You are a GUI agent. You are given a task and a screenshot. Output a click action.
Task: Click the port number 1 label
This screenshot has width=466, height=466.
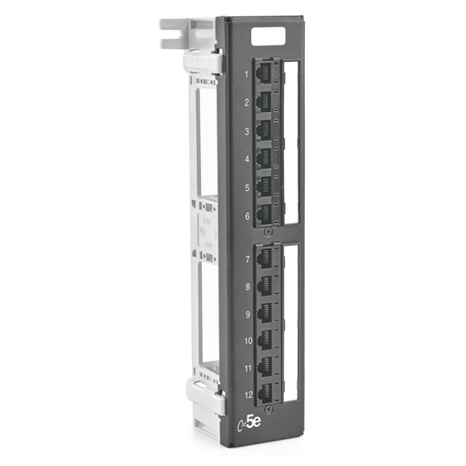[247, 73]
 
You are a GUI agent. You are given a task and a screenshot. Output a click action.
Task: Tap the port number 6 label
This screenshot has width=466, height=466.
[247, 217]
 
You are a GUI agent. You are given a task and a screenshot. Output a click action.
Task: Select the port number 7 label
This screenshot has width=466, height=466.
[247, 259]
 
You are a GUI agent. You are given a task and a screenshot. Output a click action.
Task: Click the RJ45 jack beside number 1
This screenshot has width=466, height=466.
[267, 73]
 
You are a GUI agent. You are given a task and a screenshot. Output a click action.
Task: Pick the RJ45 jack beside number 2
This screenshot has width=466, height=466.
[267, 101]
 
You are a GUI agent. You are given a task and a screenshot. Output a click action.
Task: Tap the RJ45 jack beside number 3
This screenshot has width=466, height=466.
[267, 130]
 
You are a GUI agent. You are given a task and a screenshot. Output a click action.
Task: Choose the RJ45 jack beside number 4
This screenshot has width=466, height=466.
[267, 159]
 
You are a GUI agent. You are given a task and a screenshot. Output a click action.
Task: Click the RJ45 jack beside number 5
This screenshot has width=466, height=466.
[267, 187]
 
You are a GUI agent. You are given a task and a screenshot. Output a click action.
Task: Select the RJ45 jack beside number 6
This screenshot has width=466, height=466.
[267, 216]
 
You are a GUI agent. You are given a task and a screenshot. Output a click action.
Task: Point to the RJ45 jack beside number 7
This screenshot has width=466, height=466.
[267, 258]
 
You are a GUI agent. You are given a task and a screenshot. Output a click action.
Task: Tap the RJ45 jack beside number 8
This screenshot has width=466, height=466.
[267, 286]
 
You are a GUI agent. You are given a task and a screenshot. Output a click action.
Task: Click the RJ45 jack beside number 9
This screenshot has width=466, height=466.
[267, 313]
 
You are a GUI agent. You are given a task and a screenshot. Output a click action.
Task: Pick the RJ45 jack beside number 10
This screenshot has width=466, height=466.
[267, 340]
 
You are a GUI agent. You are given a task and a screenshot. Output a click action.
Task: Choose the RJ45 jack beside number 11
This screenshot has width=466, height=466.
[267, 368]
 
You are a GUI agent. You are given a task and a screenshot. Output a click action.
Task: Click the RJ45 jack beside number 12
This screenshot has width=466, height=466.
[267, 394]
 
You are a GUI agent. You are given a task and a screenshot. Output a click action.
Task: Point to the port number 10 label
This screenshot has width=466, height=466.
[247, 341]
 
